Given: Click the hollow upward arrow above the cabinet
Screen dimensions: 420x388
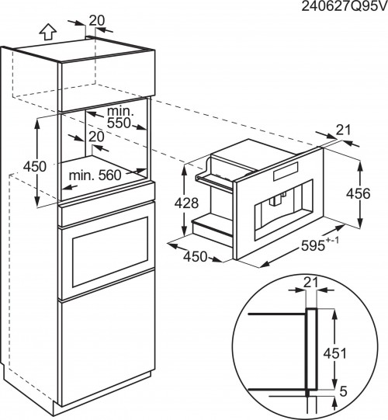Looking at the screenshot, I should (x=47, y=32).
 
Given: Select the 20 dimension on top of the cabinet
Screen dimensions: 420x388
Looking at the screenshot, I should (x=97, y=19).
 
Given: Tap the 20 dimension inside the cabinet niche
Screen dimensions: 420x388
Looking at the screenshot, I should (x=96, y=137).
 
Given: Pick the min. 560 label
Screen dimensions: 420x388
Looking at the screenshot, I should (x=95, y=175).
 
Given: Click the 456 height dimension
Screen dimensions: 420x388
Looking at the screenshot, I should (x=372, y=194).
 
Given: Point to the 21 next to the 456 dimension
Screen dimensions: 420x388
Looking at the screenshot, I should (x=344, y=130).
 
